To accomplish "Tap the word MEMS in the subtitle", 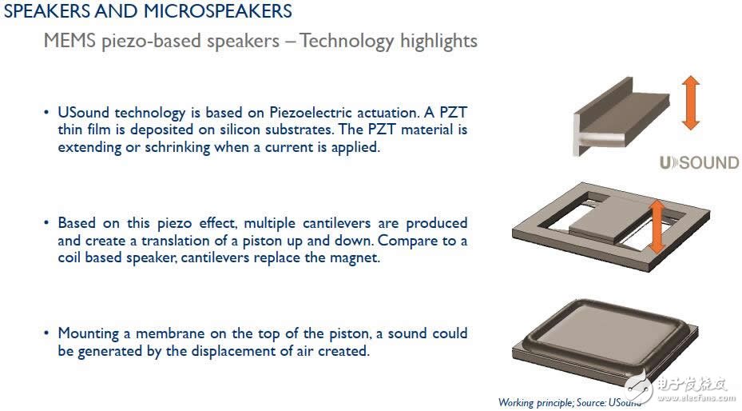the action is pos(69,41).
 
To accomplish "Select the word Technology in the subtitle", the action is pos(347,42).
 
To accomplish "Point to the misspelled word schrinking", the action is pos(177,147).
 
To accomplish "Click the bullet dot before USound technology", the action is pos(46,113).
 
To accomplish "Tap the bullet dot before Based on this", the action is pos(46,223).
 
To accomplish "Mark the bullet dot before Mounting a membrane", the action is pos(46,333).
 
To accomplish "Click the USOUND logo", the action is pos(700,163).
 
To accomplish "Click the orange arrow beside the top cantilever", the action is pos(690,103).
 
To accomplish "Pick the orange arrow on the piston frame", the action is pos(657,226).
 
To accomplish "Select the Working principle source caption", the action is pos(569,402).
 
